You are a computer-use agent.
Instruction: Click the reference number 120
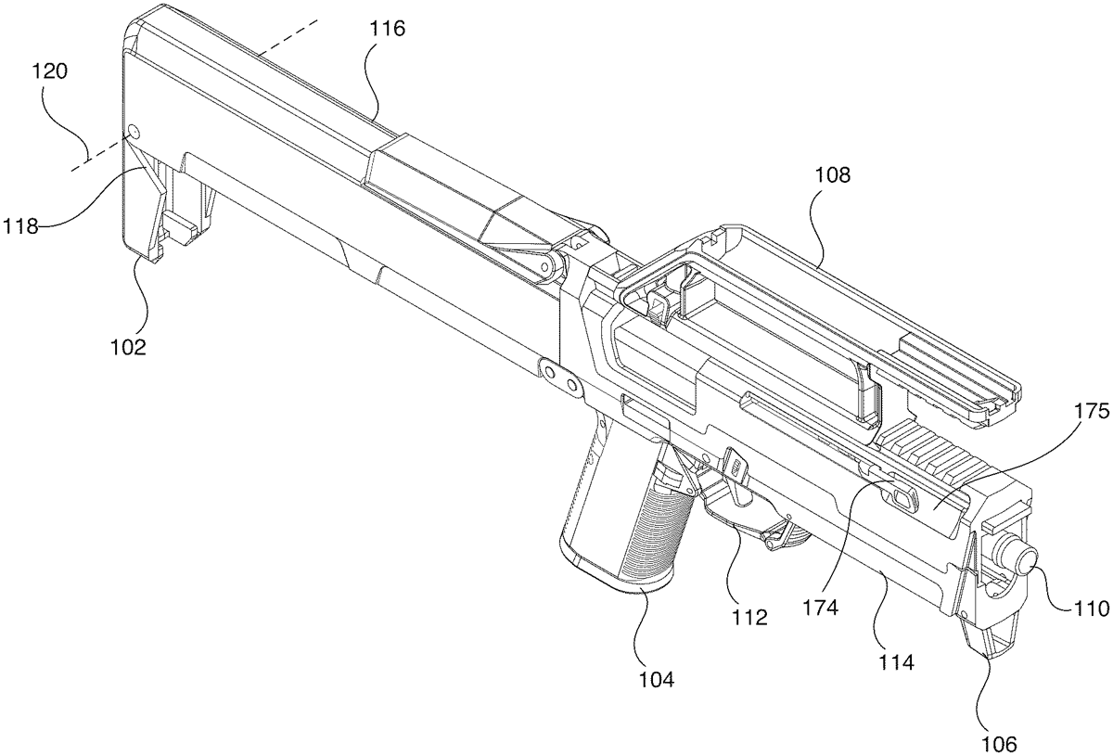49,72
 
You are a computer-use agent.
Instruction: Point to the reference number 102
128,347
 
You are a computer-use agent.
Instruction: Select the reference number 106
1001,743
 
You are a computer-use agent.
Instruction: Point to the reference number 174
820,609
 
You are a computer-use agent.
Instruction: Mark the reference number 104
655,679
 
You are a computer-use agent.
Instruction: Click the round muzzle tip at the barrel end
1024,561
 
